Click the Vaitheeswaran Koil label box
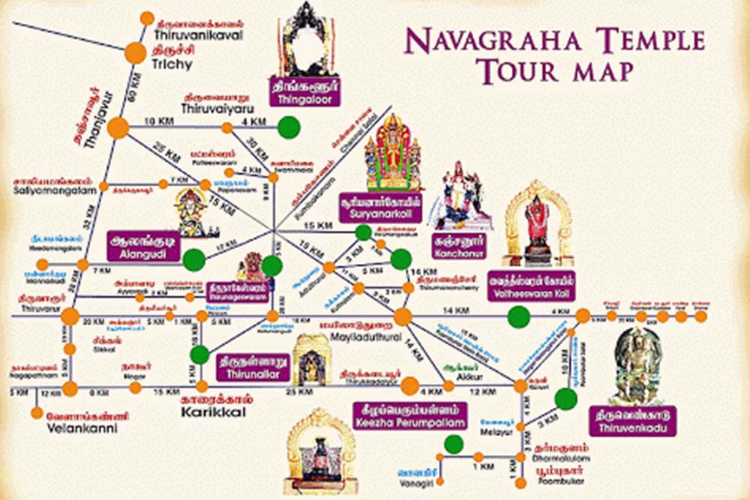click(x=532, y=285)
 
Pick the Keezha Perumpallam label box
click(x=409, y=416)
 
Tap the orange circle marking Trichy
click(x=136, y=52)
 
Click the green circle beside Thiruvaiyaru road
click(x=289, y=127)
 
